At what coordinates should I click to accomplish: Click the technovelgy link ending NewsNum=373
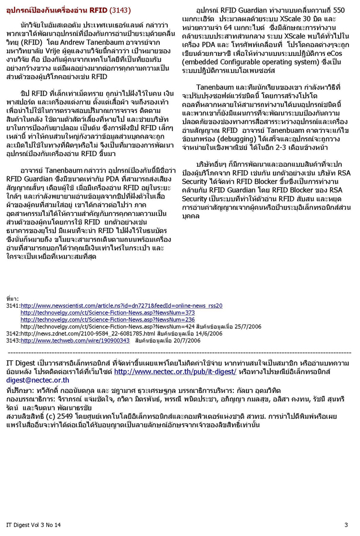tap(107, 313)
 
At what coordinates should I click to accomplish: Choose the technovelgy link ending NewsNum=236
tap(107, 319)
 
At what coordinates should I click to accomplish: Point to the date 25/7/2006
tap(249, 327)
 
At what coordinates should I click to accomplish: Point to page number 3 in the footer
tap(346, 525)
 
